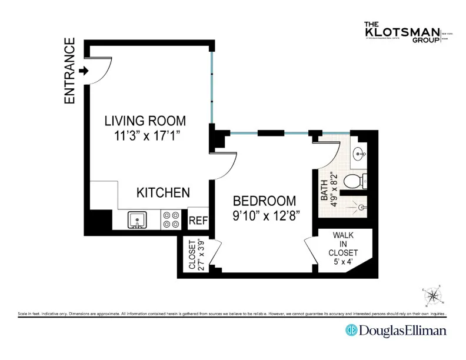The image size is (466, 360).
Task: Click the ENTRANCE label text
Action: pyautogui.click(x=70, y=71)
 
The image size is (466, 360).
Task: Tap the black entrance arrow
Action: pyautogui.click(x=83, y=71)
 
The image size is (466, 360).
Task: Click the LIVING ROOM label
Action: pyautogui.click(x=145, y=121)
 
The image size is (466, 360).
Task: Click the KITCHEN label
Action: pyautogui.click(x=163, y=192)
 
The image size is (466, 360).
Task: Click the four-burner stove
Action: pyautogui.click(x=171, y=220)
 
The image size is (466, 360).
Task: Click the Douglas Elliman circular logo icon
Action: pyautogui.click(x=352, y=330)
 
